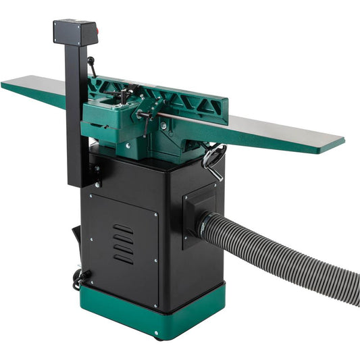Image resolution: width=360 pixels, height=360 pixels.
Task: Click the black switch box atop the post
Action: click(x=75, y=32)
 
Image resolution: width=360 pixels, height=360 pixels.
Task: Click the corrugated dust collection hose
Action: click(x=290, y=257)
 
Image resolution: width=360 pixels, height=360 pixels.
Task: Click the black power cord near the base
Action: click(x=80, y=277)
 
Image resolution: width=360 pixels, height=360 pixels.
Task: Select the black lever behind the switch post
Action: click(x=92, y=68)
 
